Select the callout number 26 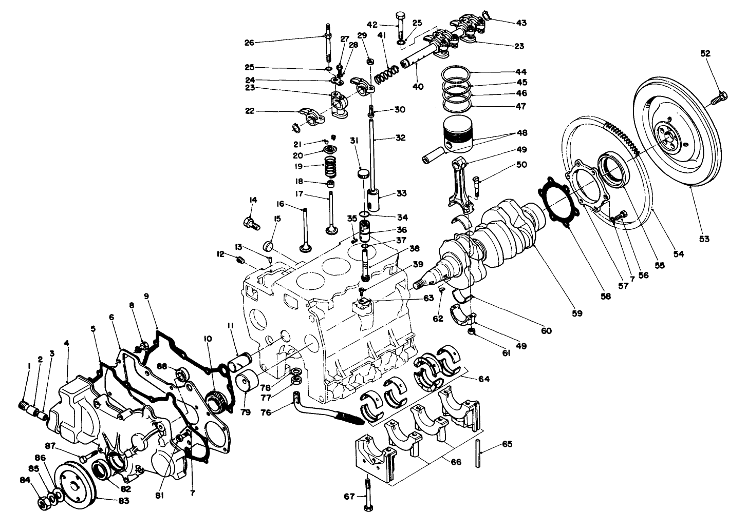coord(249,43)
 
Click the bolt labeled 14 coord(250,223)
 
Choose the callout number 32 coord(401,138)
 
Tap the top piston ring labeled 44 coord(457,73)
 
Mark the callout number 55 coord(659,265)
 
